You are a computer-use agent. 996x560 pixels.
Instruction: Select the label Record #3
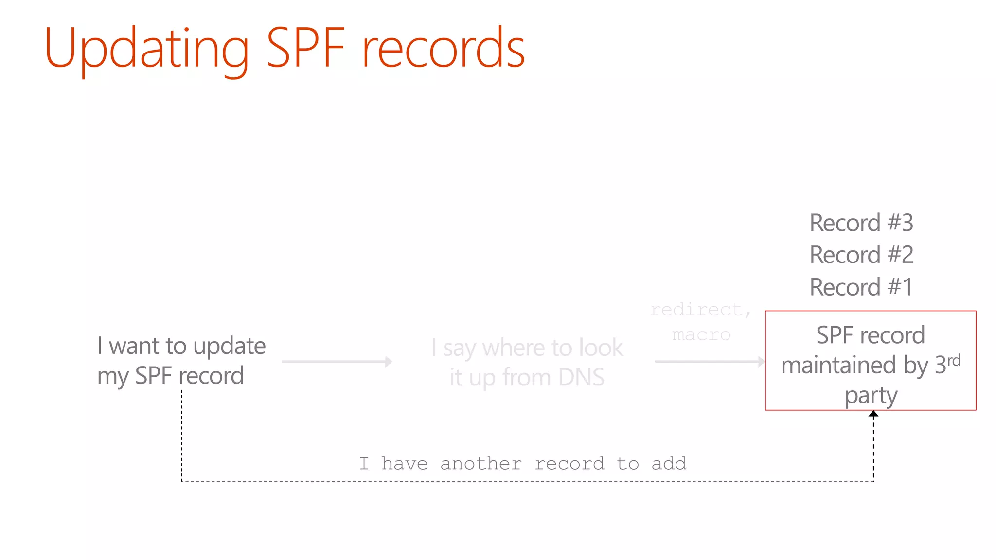[861, 223]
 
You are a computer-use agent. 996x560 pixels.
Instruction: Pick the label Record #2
[861, 255]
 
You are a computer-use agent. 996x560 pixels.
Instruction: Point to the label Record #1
[861, 287]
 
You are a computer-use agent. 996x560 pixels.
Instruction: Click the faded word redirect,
[701, 310]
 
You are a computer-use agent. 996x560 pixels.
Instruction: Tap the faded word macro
[701, 335]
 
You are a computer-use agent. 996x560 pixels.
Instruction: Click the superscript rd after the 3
[954, 360]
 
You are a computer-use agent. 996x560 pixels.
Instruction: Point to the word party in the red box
[871, 396]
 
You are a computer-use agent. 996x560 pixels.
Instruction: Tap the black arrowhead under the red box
[873, 414]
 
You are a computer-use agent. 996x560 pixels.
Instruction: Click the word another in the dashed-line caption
[481, 464]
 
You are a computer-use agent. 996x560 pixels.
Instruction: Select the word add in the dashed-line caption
[669, 464]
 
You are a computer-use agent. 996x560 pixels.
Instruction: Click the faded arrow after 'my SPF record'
[337, 362]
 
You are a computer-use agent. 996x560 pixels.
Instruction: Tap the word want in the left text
[134, 346]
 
